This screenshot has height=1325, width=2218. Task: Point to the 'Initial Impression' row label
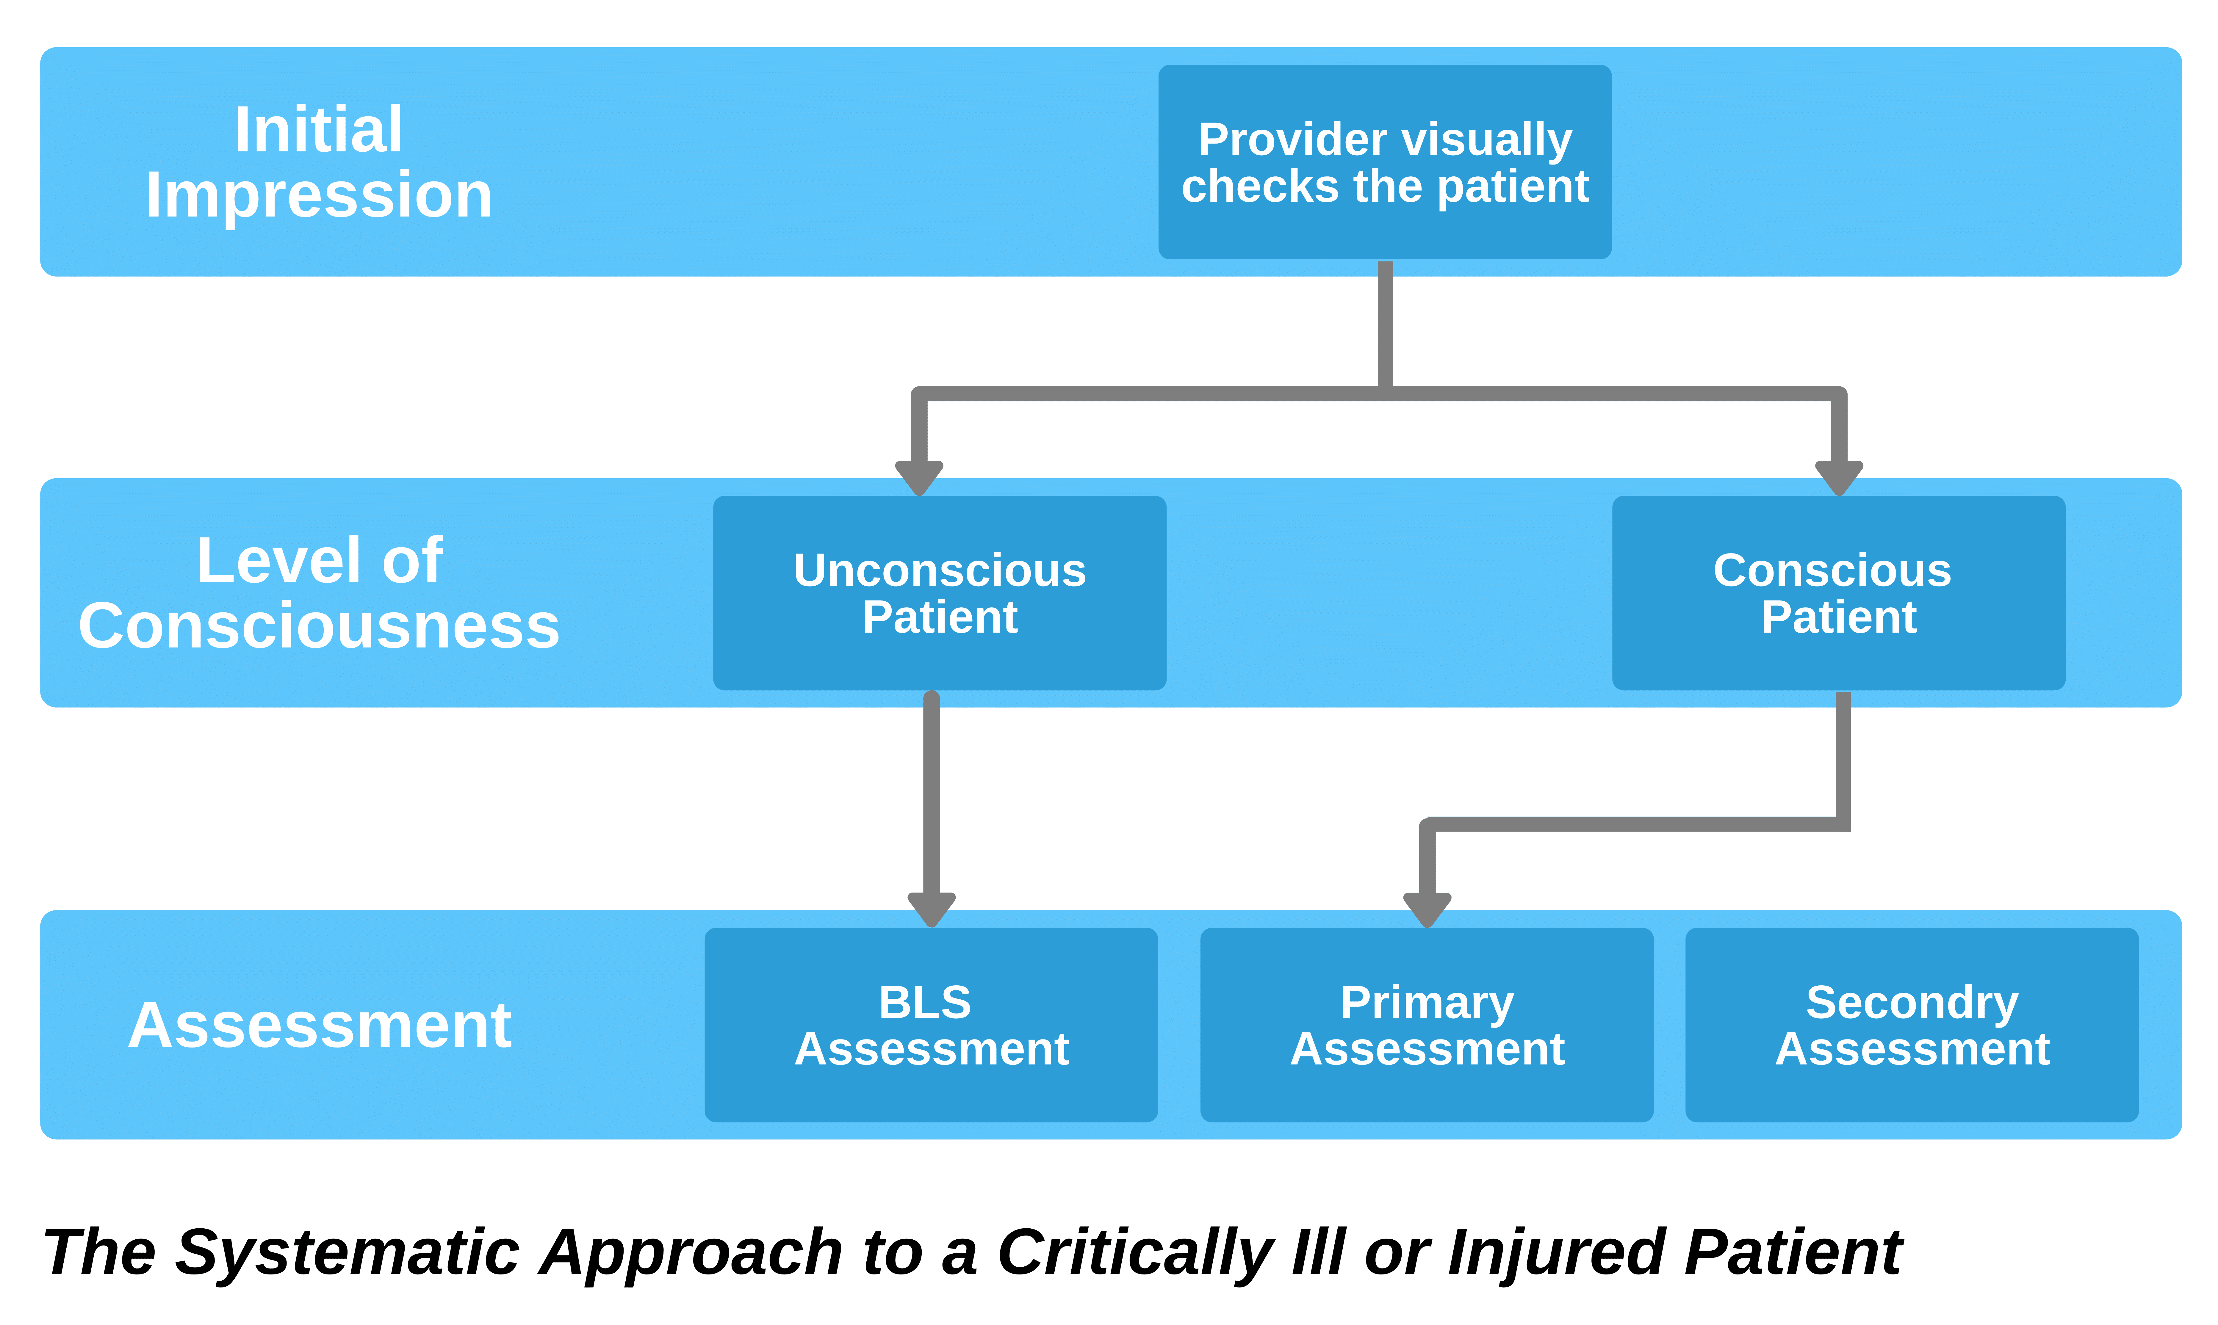coord(319,162)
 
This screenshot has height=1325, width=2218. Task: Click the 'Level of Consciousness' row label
coord(319,593)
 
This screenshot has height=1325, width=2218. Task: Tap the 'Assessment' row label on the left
coord(319,1025)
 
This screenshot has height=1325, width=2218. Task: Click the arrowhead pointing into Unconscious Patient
coord(919,478)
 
